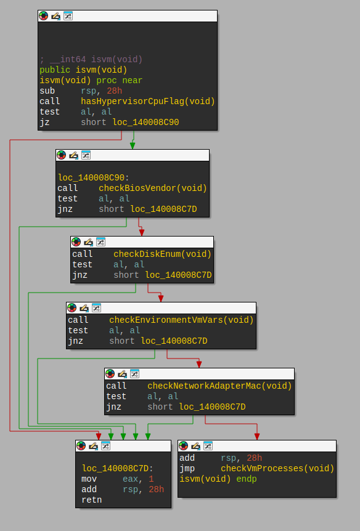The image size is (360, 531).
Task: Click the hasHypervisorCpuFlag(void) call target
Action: pyautogui.click(x=148, y=101)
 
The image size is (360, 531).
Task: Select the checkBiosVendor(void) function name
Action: pyautogui.click(x=152, y=188)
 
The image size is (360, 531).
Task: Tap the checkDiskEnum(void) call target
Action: pyautogui.click(x=162, y=254)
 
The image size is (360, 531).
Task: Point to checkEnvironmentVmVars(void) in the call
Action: pyautogui.click(x=181, y=320)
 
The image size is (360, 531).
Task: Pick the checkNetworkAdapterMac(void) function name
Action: pyautogui.click(x=219, y=386)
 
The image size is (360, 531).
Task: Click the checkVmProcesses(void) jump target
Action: pyautogui.click(x=277, y=468)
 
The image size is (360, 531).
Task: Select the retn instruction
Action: pyautogui.click(x=91, y=500)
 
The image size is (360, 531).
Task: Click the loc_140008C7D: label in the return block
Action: pyautogui.click(x=118, y=468)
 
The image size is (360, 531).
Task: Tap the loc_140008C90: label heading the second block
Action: pyautogui.click(x=94, y=177)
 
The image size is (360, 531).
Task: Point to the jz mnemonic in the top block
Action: pyautogui.click(x=45, y=122)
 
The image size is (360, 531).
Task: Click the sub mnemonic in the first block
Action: pyautogui.click(x=47, y=91)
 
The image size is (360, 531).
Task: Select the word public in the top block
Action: pyautogui.click(x=55, y=70)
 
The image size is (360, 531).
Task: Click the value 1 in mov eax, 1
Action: pyautogui.click(x=151, y=479)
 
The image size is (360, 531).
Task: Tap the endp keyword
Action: pyautogui.click(x=247, y=479)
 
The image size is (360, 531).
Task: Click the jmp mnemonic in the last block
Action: pyautogui.click(x=187, y=469)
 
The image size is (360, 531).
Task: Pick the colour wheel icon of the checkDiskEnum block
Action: pyautogui.click(x=76, y=242)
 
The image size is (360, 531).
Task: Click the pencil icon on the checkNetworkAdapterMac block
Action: pyautogui.click(x=123, y=374)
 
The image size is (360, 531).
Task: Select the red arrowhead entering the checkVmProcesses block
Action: pyautogui.click(x=257, y=437)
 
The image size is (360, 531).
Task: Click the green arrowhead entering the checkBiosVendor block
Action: pyautogui.click(x=133, y=145)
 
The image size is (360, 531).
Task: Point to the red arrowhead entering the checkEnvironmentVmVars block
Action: pyautogui.click(x=161, y=298)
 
